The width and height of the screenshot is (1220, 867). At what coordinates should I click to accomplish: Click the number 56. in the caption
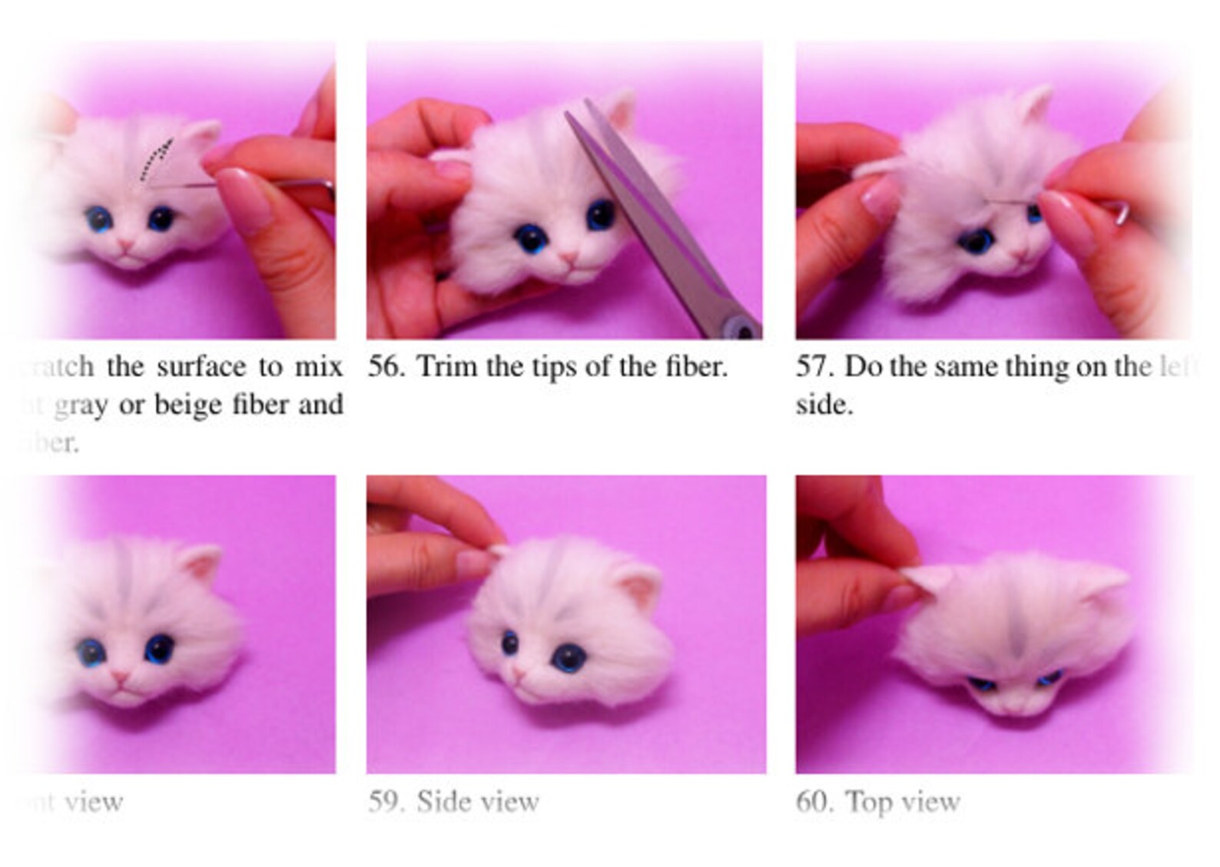(x=386, y=367)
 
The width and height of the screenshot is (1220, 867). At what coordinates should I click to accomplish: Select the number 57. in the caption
(x=815, y=367)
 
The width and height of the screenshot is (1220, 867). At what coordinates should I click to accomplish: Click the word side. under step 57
(x=824, y=405)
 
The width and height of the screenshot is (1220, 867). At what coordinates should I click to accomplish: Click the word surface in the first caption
(x=202, y=367)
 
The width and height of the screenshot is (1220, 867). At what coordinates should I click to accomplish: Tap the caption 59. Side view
(x=453, y=802)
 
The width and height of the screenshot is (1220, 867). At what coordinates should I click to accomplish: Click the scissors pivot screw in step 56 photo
(x=743, y=329)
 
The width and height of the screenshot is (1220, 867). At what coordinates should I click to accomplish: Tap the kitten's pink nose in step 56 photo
(x=569, y=258)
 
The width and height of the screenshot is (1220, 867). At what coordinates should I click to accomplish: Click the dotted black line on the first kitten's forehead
(x=156, y=158)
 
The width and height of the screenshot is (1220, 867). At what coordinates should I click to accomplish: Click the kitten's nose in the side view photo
(x=519, y=675)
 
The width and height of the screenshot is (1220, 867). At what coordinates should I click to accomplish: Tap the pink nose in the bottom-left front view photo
(x=120, y=677)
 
